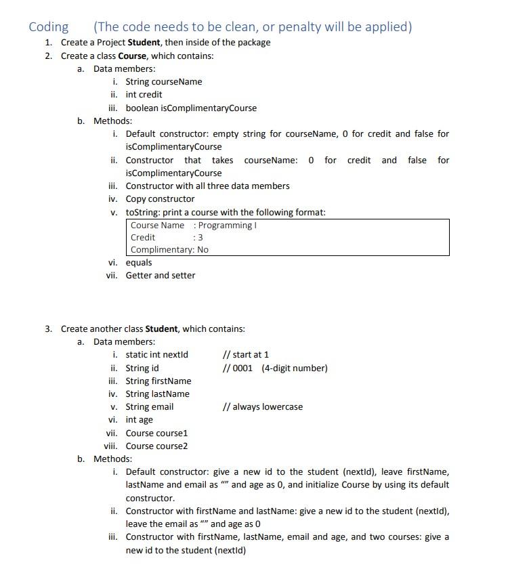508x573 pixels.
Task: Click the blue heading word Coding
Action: click(48, 27)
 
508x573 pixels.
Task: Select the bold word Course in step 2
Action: click(132, 56)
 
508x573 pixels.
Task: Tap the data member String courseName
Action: click(163, 82)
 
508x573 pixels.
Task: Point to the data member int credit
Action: click(144, 95)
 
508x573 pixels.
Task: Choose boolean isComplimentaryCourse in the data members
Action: click(191, 108)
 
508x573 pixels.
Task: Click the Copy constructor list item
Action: click(160, 199)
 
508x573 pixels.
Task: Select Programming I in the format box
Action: click(227, 225)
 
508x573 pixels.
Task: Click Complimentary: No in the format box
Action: click(169, 250)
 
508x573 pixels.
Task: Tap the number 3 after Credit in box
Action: click(200, 238)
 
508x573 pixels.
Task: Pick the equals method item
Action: click(139, 263)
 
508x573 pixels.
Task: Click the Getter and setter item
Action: click(160, 276)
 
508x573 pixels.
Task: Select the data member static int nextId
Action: click(156, 355)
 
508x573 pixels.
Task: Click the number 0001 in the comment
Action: click(242, 368)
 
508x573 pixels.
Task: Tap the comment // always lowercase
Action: click(262, 407)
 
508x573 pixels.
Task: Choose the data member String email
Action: click(149, 407)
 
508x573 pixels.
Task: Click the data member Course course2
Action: click(156, 446)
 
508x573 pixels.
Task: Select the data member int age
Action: click(139, 420)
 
